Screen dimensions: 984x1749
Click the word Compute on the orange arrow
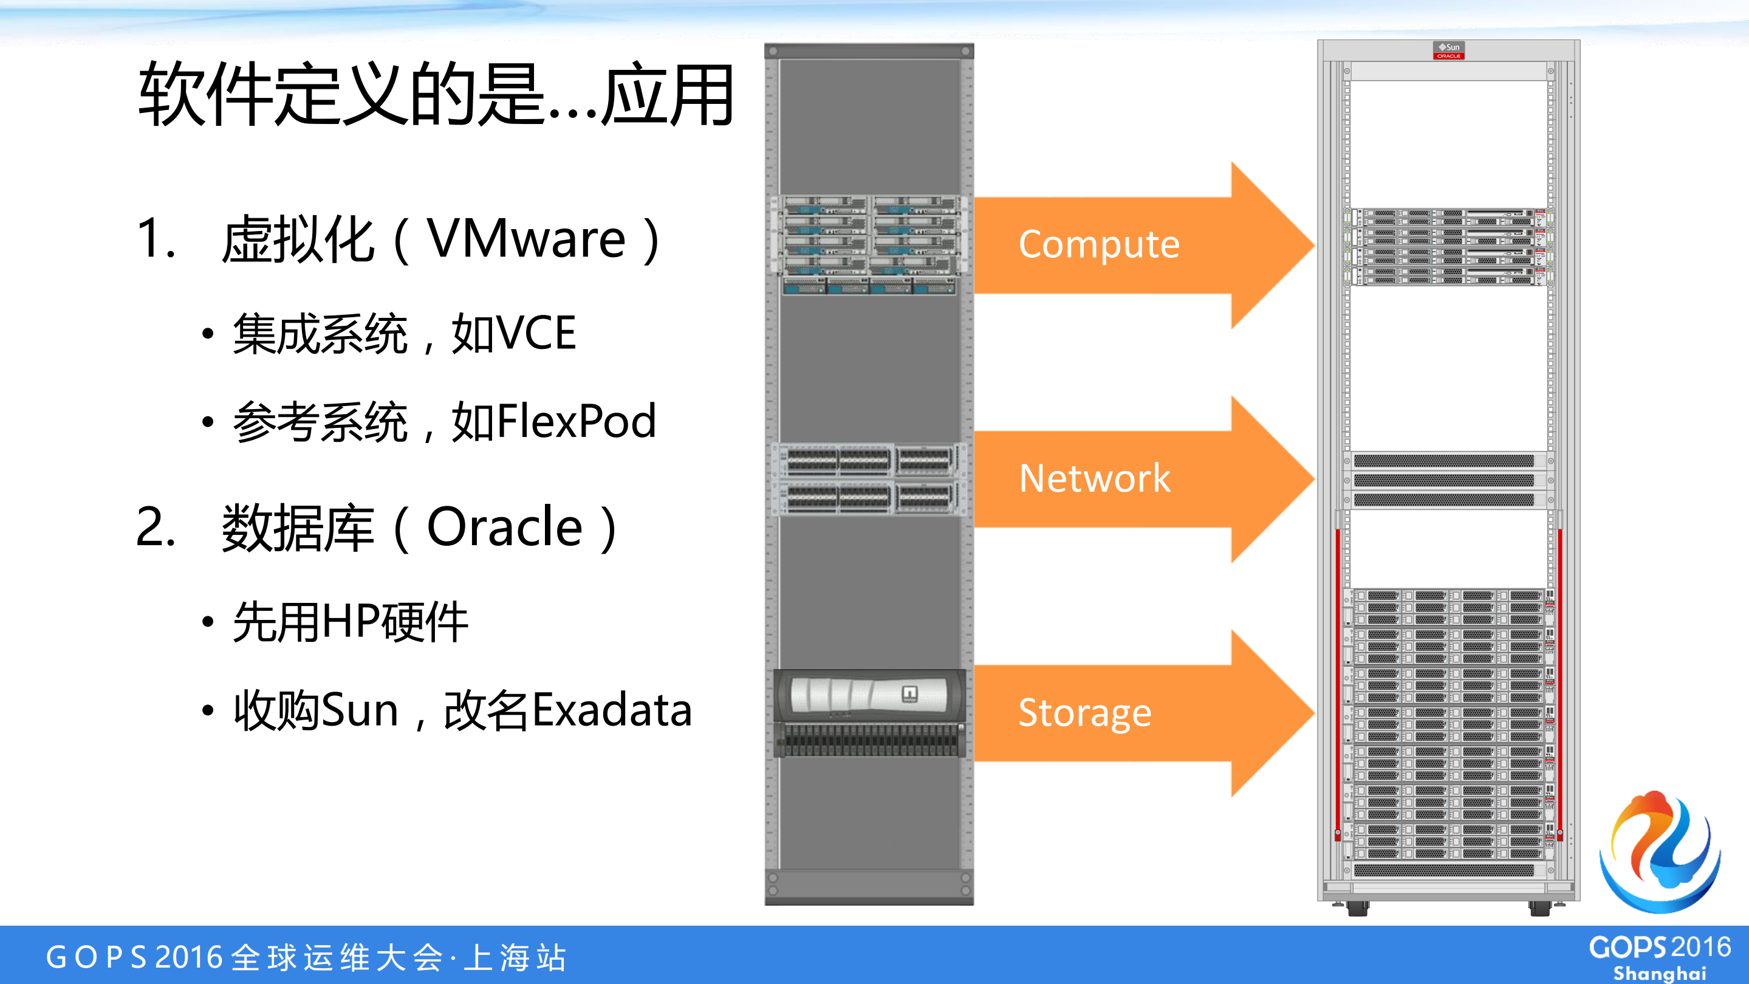click(1098, 245)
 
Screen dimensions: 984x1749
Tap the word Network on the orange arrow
click(1095, 479)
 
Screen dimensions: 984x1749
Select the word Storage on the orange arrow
click(1084, 713)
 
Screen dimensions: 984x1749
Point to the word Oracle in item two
click(504, 527)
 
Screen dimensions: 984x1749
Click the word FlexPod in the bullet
click(576, 421)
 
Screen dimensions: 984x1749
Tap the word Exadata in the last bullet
click(612, 710)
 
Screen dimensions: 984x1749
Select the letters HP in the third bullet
click(351, 622)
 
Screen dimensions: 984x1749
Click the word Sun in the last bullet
click(358, 710)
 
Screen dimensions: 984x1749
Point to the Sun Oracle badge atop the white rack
click(1448, 50)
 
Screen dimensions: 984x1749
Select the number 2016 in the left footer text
click(189, 957)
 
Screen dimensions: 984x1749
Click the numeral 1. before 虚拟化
click(156, 239)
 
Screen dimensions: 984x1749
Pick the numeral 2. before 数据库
click(156, 527)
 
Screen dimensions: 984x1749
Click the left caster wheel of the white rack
click(1357, 909)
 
